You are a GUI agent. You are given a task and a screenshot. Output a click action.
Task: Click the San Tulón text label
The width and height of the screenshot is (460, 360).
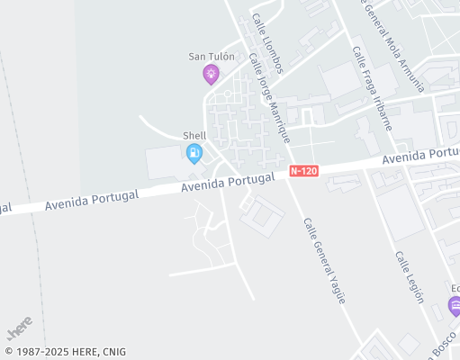(x=212, y=56)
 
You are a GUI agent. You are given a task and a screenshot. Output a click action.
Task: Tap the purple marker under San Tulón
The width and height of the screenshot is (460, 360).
(x=212, y=75)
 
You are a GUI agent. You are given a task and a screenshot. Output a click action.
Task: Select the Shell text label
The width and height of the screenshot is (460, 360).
(x=194, y=136)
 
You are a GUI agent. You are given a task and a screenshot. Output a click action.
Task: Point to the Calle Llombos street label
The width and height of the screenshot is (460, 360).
(x=267, y=43)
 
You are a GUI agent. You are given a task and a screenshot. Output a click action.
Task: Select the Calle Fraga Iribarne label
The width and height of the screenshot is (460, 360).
(x=372, y=88)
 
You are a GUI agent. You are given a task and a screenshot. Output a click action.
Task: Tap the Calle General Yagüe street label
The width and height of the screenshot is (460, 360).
(x=324, y=260)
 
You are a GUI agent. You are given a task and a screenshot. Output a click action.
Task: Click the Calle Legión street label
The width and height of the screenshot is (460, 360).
(x=409, y=277)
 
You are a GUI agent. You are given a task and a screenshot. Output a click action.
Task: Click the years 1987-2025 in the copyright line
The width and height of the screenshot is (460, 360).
(x=38, y=352)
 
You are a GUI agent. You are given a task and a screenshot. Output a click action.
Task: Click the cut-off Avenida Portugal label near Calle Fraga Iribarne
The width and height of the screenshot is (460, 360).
(x=420, y=155)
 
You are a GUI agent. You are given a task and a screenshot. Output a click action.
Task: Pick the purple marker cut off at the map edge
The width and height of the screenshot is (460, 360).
(x=455, y=306)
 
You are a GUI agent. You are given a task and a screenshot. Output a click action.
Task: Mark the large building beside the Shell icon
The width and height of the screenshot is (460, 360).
(x=166, y=163)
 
